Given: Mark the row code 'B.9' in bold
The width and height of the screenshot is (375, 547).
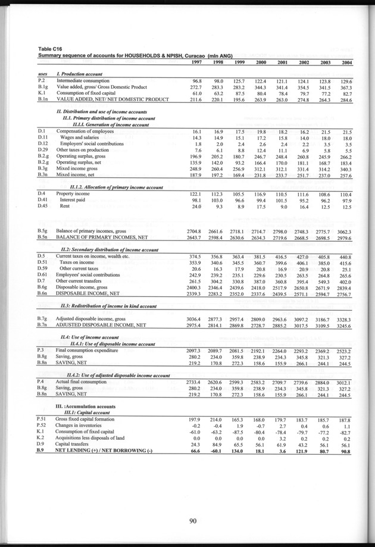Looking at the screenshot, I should click(41, 451).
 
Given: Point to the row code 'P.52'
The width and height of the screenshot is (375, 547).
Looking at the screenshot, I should click(42, 426).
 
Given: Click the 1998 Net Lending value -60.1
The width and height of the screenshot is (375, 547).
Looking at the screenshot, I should click(220, 451).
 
